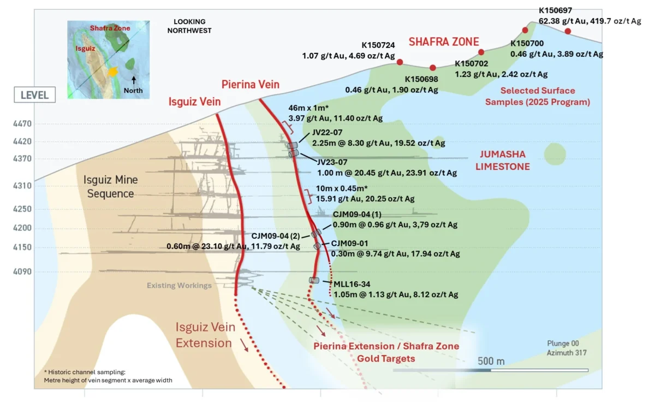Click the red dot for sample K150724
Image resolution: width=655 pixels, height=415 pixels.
point(400,62)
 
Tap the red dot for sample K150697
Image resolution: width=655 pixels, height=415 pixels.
point(568,31)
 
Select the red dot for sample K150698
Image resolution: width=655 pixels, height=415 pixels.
point(433,68)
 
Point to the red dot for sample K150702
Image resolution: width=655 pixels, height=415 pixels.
point(481,52)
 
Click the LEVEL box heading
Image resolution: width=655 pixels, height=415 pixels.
point(34,95)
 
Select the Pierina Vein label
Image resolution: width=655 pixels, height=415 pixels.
point(250,85)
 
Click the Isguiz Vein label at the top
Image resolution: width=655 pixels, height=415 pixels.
point(195,102)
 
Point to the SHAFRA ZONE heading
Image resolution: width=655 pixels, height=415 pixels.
point(444,42)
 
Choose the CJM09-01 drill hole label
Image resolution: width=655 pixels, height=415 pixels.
point(350,244)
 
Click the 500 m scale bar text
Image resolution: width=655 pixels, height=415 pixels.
point(491,361)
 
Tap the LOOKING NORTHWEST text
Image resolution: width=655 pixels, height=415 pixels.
point(189,26)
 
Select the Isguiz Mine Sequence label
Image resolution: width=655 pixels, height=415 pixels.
point(110,186)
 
